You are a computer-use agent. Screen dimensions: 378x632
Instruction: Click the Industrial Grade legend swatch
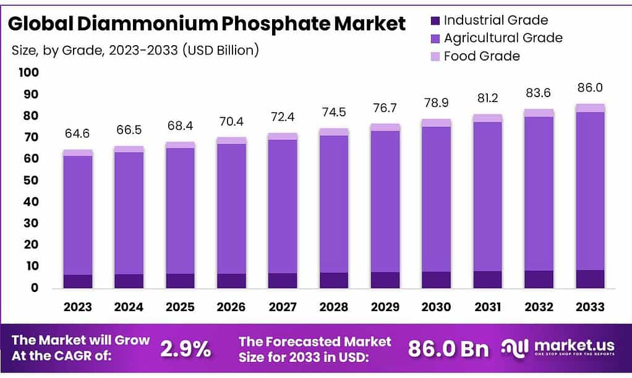point(435,21)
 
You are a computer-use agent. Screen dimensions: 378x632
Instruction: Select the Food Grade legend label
point(482,56)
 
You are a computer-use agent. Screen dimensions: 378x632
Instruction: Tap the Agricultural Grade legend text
point(503,38)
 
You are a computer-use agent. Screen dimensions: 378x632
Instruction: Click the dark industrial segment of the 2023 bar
point(78,281)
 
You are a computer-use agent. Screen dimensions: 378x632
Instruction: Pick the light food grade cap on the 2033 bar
point(590,108)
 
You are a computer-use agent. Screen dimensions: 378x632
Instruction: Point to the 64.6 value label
point(78,134)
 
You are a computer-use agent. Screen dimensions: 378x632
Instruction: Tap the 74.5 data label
point(335,113)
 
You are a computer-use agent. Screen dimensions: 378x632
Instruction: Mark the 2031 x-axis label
point(488,307)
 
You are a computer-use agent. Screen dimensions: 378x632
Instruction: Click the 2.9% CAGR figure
point(185,349)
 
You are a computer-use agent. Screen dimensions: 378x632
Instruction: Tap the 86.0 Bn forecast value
point(448,349)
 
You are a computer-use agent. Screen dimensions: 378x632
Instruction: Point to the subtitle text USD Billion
point(220,50)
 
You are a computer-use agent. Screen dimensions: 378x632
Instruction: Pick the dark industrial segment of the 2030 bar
point(437,280)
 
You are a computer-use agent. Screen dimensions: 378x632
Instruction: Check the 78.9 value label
point(437,101)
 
